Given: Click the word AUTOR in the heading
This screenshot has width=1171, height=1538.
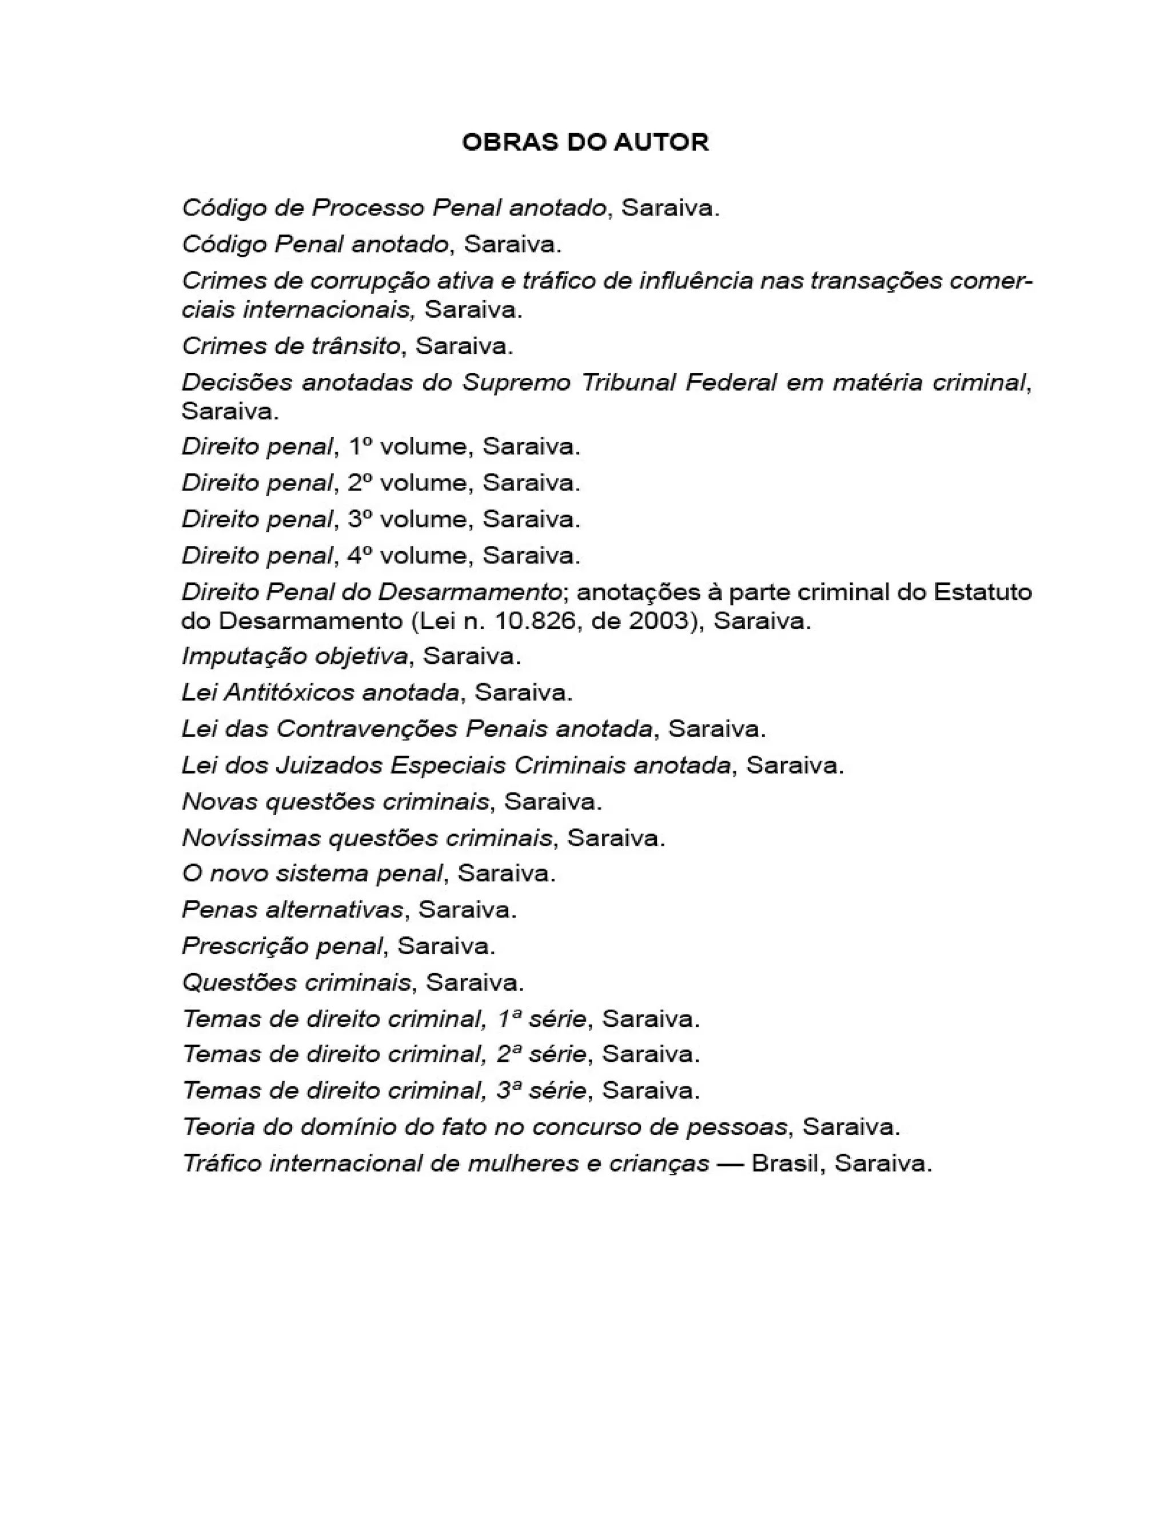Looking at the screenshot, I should (661, 142).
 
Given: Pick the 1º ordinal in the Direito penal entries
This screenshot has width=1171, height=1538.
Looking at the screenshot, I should (360, 446).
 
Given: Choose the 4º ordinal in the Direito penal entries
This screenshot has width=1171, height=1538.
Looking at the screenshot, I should (360, 555).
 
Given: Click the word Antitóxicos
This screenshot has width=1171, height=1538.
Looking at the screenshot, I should (289, 692).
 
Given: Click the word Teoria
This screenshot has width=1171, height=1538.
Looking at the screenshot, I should (217, 1127).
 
